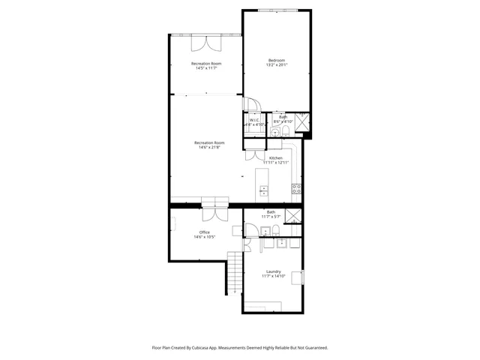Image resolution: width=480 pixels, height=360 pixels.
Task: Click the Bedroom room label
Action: tap(277, 60)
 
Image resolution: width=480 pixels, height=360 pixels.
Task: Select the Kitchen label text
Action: tap(275, 157)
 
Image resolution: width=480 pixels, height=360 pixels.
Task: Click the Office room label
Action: tap(204, 232)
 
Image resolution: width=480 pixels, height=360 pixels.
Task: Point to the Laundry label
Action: tap(273, 271)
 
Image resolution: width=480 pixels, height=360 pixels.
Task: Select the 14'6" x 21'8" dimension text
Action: tap(209, 148)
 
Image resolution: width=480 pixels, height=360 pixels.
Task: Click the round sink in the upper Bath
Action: tap(285, 133)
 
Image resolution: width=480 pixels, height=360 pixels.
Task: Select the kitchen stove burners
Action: tap(297, 188)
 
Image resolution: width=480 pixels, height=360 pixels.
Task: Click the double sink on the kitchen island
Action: tap(263, 190)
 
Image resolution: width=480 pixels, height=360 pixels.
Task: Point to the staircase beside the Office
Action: tap(235, 274)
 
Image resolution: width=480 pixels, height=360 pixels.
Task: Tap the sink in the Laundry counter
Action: tap(283, 243)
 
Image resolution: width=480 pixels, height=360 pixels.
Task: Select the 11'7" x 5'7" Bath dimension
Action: tap(270, 217)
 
